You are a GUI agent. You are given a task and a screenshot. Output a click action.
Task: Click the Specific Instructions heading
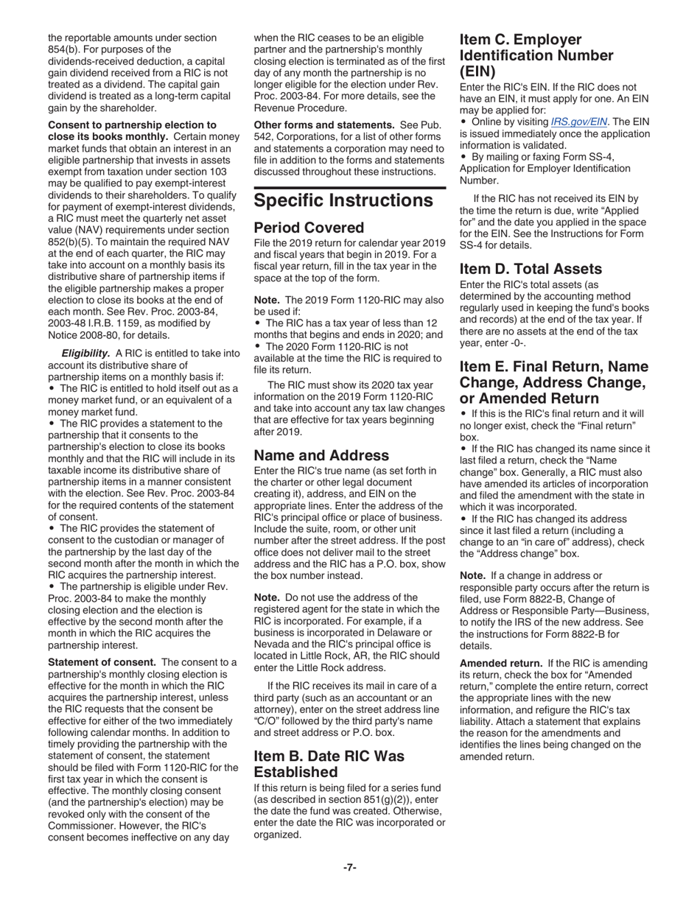(343, 200)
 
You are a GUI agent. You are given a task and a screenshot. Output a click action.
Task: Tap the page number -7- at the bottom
(349, 867)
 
